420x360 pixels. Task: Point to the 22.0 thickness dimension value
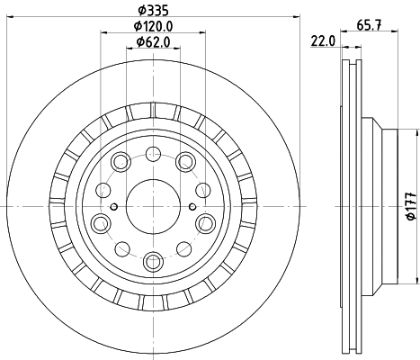point(322,41)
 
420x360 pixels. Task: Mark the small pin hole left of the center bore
point(113,206)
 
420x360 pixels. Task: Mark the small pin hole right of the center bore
point(189,206)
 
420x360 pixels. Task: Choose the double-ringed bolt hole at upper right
point(186,161)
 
